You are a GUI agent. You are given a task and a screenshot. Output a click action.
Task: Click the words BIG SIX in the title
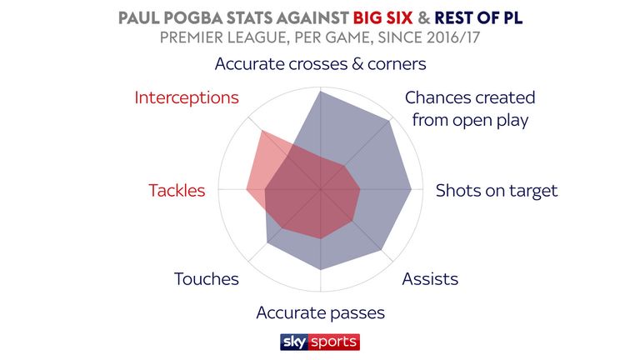point(382,18)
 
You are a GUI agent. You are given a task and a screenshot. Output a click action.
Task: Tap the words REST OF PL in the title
point(478,18)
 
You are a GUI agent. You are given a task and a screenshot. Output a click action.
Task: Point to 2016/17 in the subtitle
point(453,37)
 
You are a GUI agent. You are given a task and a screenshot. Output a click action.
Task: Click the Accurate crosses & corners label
point(320,64)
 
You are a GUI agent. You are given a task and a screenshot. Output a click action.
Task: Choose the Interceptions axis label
point(187,97)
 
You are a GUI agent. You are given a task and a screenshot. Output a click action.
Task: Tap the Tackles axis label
point(177,191)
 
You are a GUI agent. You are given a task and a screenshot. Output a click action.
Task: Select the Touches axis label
point(207,279)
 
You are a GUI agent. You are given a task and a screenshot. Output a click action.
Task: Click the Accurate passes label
point(320,313)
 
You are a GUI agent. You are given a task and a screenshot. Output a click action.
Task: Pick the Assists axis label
point(430,279)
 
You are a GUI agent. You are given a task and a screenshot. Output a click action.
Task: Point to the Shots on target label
point(497,191)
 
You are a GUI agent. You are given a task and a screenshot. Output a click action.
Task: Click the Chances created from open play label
point(470,108)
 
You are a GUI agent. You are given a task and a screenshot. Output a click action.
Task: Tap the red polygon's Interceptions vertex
point(262,131)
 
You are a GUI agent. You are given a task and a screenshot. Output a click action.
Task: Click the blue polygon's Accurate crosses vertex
point(321,92)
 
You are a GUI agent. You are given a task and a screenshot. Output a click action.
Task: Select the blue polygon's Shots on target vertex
point(411,189)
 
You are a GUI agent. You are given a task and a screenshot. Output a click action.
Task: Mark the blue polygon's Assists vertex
point(381,249)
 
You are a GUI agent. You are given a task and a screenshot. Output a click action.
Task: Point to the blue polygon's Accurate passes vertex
point(321,270)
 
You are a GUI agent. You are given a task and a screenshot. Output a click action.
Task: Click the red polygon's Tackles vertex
point(247,189)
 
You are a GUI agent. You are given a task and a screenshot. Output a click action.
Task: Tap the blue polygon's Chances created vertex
point(389,120)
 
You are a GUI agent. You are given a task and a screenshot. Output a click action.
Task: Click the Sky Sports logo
point(320,342)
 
